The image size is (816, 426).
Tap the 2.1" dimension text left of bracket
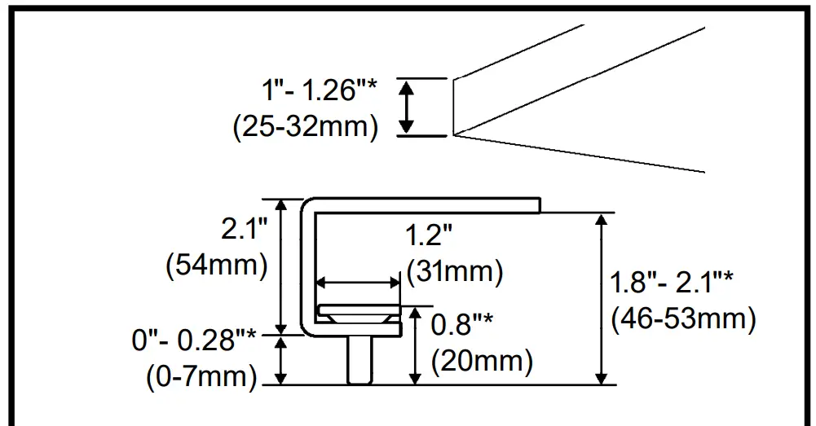245,231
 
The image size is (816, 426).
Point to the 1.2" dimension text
429,237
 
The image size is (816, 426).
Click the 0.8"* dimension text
463,324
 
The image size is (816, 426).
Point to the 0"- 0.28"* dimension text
196,341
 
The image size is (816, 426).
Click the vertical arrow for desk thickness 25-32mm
405,107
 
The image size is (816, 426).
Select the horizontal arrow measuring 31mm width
358,283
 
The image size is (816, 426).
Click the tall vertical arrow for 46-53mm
602,298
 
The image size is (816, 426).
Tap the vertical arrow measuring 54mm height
281,266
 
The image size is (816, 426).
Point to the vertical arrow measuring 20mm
417,345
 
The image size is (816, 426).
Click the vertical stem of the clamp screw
358,359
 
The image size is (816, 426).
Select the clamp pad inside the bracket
359,313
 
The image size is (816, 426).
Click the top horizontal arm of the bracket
424,202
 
